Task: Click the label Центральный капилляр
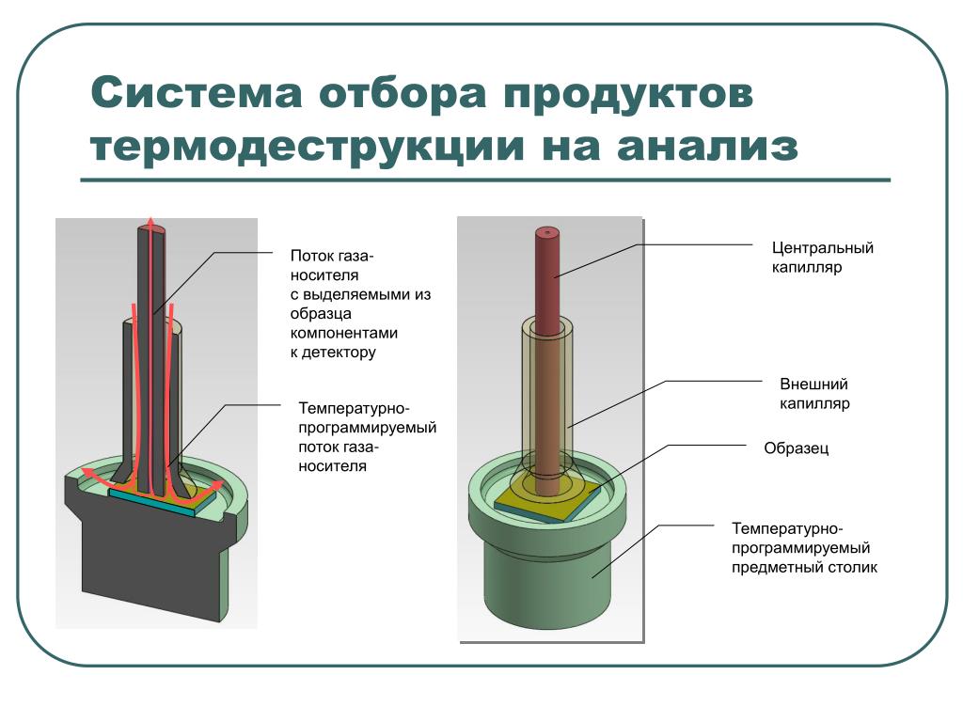[823, 258]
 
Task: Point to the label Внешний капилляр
[814, 394]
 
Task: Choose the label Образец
[796, 448]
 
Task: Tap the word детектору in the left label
[339, 353]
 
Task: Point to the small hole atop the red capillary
[545, 229]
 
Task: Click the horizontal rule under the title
[484, 180]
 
